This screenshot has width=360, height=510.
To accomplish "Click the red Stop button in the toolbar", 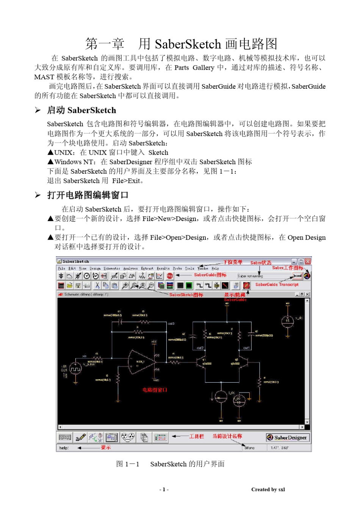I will pyautogui.click(x=170, y=276).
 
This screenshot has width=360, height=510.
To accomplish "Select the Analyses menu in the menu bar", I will pyautogui.click(x=130, y=268).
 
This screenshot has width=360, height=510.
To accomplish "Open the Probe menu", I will pyautogui.click(x=177, y=268).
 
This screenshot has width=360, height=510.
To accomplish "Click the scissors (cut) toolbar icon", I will pyautogui.click(x=97, y=286).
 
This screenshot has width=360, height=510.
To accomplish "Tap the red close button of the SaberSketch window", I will pyautogui.click(x=308, y=261).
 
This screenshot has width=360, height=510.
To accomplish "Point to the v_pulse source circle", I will pyautogui.click(x=76, y=368).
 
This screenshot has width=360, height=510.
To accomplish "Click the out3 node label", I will pyautogui.click(x=171, y=323).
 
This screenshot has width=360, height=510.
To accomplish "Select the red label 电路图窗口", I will pyautogui.click(x=155, y=390).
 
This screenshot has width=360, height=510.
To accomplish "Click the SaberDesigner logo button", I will pyautogui.click(x=287, y=438).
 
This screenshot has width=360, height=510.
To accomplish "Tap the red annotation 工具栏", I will pyautogui.click(x=196, y=436).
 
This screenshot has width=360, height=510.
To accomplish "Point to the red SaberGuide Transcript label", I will pyautogui.click(x=277, y=284).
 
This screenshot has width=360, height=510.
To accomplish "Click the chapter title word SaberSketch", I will pyautogui.click(x=188, y=44).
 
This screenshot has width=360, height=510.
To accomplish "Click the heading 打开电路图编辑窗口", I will pyautogui.click(x=88, y=195).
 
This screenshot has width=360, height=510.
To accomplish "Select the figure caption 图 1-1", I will pyautogui.click(x=128, y=464).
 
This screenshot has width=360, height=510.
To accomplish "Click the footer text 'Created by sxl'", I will pyautogui.click(x=268, y=490).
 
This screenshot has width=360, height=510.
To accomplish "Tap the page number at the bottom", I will pyautogui.click(x=164, y=490).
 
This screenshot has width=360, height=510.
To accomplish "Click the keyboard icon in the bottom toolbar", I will pyautogui.click(x=65, y=438).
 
